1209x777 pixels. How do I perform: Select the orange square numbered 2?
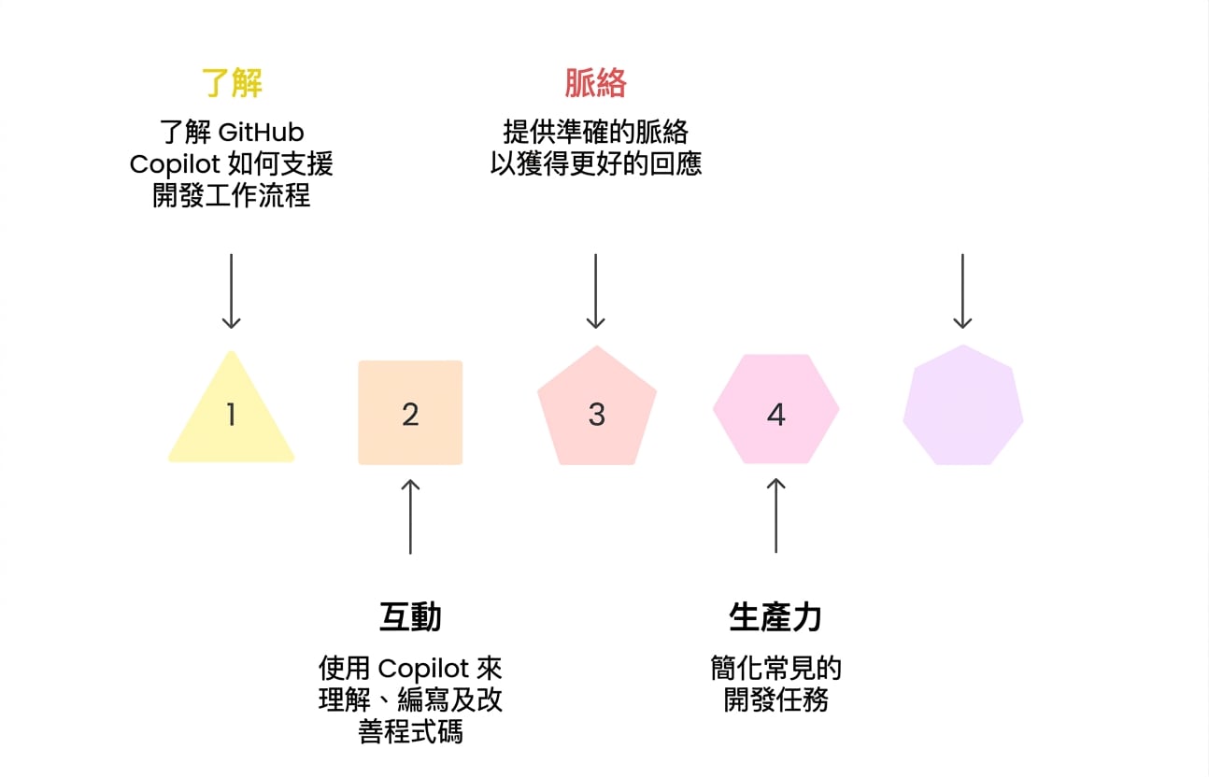click(x=410, y=413)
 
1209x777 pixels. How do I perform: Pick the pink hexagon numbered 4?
click(x=776, y=409)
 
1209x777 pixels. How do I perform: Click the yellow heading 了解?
click(x=232, y=82)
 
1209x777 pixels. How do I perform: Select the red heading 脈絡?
click(x=596, y=82)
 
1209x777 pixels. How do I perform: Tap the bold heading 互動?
click(x=410, y=616)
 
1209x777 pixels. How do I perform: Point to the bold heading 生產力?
click(x=775, y=616)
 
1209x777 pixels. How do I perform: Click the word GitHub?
click(x=262, y=133)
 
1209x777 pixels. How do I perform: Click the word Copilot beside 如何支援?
click(x=175, y=164)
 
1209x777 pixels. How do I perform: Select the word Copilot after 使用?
click(x=423, y=669)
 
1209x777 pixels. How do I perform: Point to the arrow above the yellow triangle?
click(x=231, y=291)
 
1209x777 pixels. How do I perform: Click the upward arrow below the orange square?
click(x=410, y=516)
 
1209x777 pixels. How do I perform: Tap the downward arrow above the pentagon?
click(x=595, y=291)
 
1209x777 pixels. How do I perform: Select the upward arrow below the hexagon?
click(x=776, y=516)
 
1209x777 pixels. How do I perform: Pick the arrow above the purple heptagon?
click(x=962, y=291)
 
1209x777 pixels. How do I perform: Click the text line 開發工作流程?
click(x=231, y=195)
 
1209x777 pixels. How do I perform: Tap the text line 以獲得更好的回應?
click(x=596, y=163)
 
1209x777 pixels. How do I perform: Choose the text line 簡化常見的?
click(x=776, y=668)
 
